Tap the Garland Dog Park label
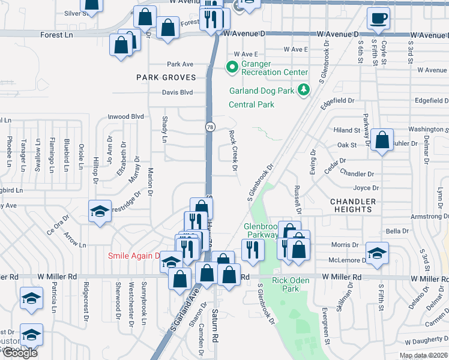pos(262,91)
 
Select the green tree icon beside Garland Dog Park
pos(304,90)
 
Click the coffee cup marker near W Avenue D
pos(378,19)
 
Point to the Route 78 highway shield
pos(210,127)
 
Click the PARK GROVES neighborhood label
pos(166,77)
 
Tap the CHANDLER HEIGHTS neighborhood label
pos(353,205)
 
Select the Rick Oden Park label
pos(286,284)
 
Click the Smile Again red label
pos(133,256)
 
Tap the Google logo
pos(20,353)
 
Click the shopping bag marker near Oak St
pos(382,141)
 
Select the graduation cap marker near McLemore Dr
pos(377,254)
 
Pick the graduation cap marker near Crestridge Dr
pos(100,212)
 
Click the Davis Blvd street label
pos(177,92)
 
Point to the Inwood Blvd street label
pos(126,116)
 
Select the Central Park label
pos(252,104)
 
